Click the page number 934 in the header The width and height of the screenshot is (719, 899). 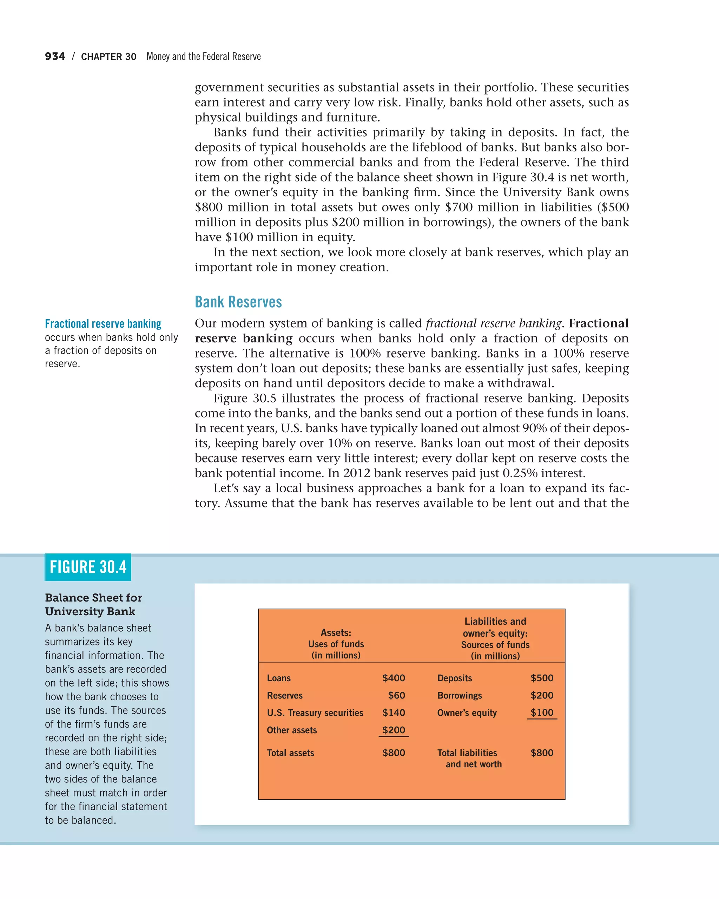[55, 56]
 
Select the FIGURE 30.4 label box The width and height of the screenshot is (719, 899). [88, 567]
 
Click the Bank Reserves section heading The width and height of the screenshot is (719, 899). [238, 302]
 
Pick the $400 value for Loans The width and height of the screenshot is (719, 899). [394, 678]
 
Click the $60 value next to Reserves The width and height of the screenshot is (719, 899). [396, 696]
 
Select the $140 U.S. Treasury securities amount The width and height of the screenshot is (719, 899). [394, 713]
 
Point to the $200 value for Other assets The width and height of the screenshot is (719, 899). [394, 730]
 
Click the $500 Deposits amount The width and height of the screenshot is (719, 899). [542, 678]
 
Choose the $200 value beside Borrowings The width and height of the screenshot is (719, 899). [542, 696]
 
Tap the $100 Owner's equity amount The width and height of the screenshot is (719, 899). [542, 713]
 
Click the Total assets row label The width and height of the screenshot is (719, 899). [291, 753]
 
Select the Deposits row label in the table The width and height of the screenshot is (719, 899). [454, 678]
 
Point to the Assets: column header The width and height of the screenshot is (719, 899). [336, 633]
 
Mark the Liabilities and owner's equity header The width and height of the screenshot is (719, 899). [495, 627]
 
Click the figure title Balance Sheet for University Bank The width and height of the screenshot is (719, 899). [94, 605]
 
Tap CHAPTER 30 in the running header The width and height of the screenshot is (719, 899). [109, 57]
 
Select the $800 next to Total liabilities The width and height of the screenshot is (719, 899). [542, 753]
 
